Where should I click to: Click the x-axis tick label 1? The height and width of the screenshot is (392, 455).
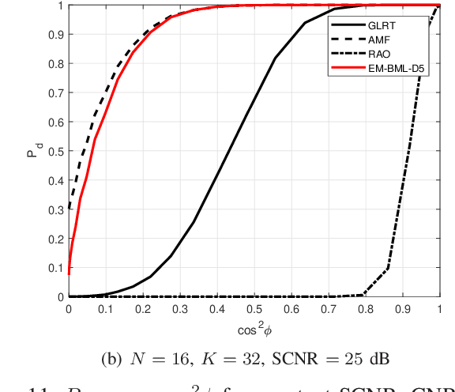tap(439, 310)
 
